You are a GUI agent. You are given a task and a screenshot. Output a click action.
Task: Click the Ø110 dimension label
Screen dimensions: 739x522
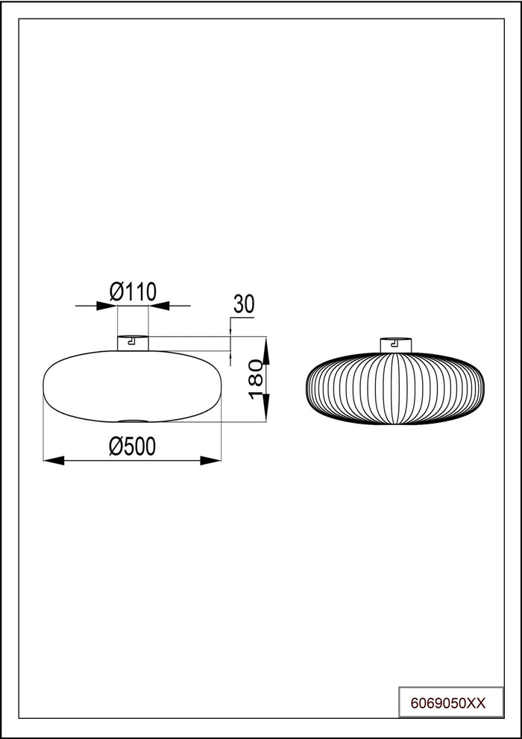(133, 292)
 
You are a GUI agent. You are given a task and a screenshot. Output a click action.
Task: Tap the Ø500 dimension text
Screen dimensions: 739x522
(132, 446)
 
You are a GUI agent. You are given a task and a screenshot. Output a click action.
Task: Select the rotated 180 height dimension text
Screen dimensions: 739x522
(256, 379)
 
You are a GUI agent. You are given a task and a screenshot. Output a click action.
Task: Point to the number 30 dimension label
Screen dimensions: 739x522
(244, 304)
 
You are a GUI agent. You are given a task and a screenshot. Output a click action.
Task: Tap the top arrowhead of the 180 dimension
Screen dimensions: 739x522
(267, 345)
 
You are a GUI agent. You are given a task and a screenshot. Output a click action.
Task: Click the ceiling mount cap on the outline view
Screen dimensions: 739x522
(133, 343)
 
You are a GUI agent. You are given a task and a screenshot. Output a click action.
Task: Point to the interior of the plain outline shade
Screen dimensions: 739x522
(133, 384)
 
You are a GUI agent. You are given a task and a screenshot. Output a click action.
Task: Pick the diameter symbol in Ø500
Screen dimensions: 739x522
(116, 446)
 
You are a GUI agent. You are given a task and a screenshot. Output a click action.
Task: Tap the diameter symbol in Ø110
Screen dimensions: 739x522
(117, 292)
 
